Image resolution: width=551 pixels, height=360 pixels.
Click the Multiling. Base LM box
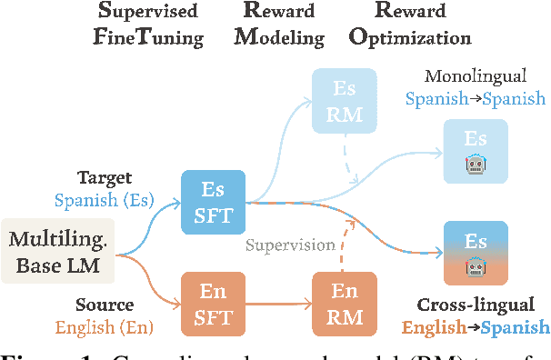tap(58, 254)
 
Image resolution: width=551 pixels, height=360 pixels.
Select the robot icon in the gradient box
tap(475, 266)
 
